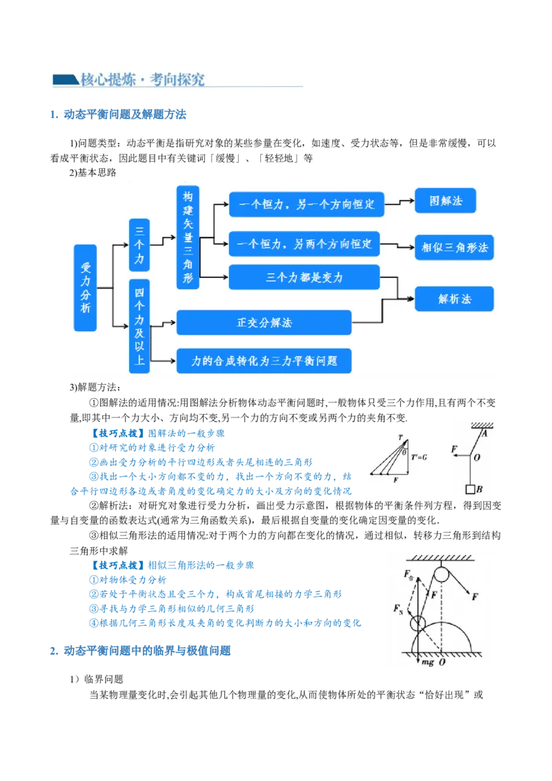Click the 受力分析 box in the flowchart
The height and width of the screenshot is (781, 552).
pyautogui.click(x=86, y=287)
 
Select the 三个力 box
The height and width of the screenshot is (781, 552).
pyautogui.click(x=139, y=245)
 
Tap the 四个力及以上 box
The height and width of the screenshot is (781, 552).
pyautogui.click(x=139, y=326)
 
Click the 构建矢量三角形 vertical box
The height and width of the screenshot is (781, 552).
pyautogui.click(x=187, y=237)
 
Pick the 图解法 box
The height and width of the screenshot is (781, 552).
pyautogui.click(x=445, y=201)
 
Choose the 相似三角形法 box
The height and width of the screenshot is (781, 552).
pyautogui.click(x=454, y=247)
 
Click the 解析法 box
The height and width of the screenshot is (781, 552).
pyautogui.click(x=454, y=299)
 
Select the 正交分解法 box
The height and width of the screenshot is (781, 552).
pyautogui.click(x=264, y=322)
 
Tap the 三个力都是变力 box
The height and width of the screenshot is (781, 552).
pyautogui.click(x=304, y=277)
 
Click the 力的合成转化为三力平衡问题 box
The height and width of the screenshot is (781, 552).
pyautogui.click(x=264, y=361)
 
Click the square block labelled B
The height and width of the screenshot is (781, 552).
pyautogui.click(x=471, y=490)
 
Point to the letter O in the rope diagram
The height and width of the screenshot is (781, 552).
pyautogui.click(x=477, y=457)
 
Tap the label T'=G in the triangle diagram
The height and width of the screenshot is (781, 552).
pyautogui.click(x=420, y=457)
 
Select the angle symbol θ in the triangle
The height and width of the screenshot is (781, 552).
pyautogui.click(x=404, y=452)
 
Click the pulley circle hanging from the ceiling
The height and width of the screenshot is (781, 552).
pyautogui.click(x=440, y=573)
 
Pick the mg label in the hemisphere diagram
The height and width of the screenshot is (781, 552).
pyautogui.click(x=428, y=662)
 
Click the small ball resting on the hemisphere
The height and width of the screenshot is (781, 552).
pyautogui.click(x=418, y=624)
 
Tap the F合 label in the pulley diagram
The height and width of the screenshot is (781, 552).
pyautogui.click(x=411, y=574)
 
